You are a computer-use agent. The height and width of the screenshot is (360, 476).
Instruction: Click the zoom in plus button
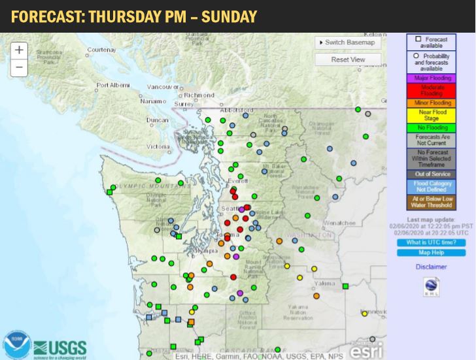coord(19,50)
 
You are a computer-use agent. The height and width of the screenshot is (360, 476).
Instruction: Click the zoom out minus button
coord(19,67)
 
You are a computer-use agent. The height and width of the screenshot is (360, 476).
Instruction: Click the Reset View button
coord(348,59)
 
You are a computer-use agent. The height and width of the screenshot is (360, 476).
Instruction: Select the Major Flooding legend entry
coord(431,78)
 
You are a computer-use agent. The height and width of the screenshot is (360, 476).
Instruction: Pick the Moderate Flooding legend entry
coord(431,90)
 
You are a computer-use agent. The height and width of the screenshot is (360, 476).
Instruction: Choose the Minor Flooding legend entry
coord(431,103)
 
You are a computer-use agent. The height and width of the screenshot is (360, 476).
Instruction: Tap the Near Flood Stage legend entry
coord(431,115)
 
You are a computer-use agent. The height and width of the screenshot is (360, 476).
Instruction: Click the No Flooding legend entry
coord(431,128)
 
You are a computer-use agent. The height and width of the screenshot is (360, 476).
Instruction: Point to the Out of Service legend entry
coord(431,174)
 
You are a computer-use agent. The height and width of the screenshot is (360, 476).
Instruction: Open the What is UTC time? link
coord(431,242)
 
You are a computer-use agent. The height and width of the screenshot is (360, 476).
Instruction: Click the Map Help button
coord(431,253)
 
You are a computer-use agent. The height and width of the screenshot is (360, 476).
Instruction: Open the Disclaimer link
coord(431,267)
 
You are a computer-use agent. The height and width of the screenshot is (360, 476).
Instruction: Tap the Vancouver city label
coord(163,87)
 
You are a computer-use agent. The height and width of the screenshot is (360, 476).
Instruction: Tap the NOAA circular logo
coord(17,344)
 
